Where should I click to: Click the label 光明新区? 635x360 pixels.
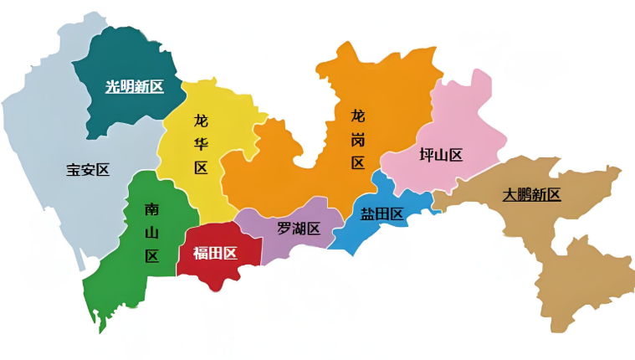pos(134,86)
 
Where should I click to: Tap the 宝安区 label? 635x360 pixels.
pos(88,170)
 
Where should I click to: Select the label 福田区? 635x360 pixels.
pos(215,253)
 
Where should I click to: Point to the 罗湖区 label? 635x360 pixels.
pos(299,229)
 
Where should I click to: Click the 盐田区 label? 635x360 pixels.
pos(382,213)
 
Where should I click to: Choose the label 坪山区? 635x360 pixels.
pos(441,155)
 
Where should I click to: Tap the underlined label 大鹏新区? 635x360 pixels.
pos(531,194)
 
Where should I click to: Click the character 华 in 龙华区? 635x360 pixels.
pos(201,143)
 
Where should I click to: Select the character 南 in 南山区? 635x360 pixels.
pos(151,209)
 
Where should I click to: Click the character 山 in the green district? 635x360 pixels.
pos(151,233)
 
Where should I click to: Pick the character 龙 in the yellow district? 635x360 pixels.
pos(201,120)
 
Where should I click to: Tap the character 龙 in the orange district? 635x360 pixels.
pos(358,116)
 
